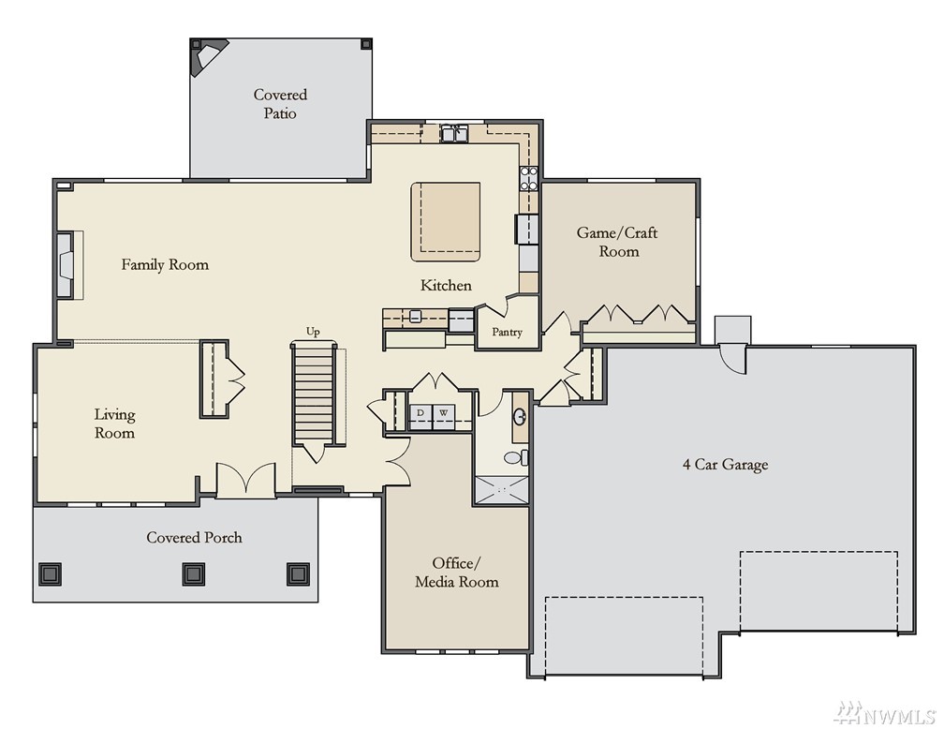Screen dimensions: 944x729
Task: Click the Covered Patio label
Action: pyautogui.click(x=280, y=104)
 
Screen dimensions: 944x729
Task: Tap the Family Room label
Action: pyautogui.click(x=165, y=264)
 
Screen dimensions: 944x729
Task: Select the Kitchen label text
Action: pyautogui.click(x=446, y=285)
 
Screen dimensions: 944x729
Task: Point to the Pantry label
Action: pyautogui.click(x=507, y=332)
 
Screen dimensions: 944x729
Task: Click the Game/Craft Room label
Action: pyautogui.click(x=617, y=242)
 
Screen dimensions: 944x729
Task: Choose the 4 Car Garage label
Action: pyautogui.click(x=726, y=465)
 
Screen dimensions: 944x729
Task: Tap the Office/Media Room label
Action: pyautogui.click(x=456, y=573)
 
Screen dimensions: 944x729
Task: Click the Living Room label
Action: pyautogui.click(x=114, y=424)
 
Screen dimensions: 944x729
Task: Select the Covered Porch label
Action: pyautogui.click(x=194, y=538)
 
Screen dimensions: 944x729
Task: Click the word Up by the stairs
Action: pyautogui.click(x=313, y=332)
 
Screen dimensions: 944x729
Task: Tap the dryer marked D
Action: pyautogui.click(x=420, y=416)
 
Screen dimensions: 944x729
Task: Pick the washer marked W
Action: pyautogui.click(x=444, y=416)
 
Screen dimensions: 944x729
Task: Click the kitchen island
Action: pyautogui.click(x=446, y=222)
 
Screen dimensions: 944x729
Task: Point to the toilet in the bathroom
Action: pyautogui.click(x=515, y=457)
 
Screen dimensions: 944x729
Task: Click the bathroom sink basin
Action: pyautogui.click(x=520, y=417)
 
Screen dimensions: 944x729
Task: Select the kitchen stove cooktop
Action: pyautogui.click(x=528, y=179)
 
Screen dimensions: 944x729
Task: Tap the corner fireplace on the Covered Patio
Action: pyautogui.click(x=206, y=56)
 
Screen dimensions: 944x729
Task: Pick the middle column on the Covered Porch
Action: pyautogui.click(x=193, y=574)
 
